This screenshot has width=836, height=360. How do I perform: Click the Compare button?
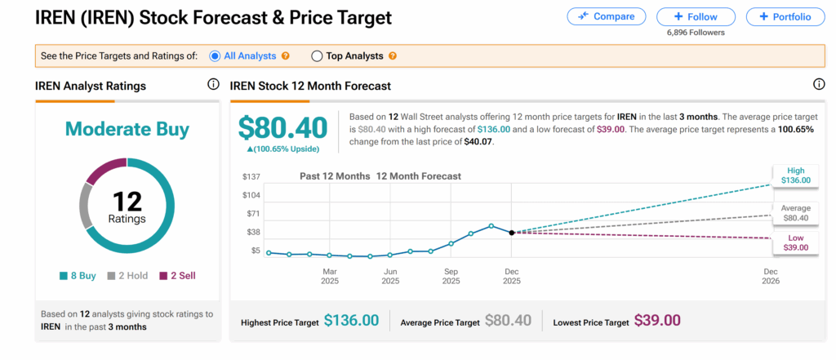coord(606,16)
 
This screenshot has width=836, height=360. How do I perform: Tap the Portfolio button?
coord(785,16)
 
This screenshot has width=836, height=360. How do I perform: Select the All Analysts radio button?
coord(216,56)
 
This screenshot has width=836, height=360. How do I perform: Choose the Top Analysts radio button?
coord(317,56)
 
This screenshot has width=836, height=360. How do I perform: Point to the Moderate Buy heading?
coord(127,129)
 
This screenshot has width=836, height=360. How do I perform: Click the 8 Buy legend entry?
coord(78,276)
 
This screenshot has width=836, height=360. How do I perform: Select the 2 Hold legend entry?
coord(127,276)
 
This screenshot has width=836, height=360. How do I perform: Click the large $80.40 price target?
coord(282,127)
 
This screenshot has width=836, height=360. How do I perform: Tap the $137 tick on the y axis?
coord(251,176)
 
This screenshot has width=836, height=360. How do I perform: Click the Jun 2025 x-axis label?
coord(390,275)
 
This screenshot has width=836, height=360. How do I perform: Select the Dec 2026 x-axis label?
coord(770,275)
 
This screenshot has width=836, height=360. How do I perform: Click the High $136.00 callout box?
coord(795,175)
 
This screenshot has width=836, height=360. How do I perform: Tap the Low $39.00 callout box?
coord(795,242)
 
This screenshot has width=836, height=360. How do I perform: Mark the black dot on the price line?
coord(512,233)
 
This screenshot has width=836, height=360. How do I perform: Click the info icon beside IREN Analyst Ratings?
coord(213,85)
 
